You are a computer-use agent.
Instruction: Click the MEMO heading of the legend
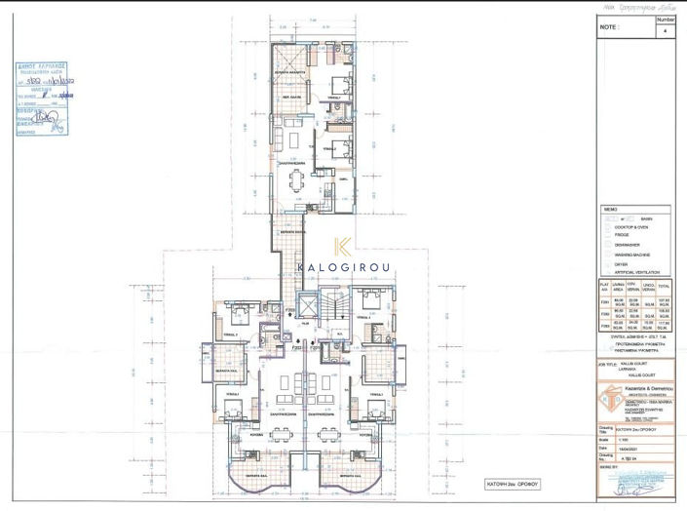point(611,210)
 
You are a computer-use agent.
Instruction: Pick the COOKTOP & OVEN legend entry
point(632,227)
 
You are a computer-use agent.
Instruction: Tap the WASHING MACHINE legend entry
point(637,255)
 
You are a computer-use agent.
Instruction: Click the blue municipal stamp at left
point(42,98)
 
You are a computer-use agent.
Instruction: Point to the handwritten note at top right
point(639,6)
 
